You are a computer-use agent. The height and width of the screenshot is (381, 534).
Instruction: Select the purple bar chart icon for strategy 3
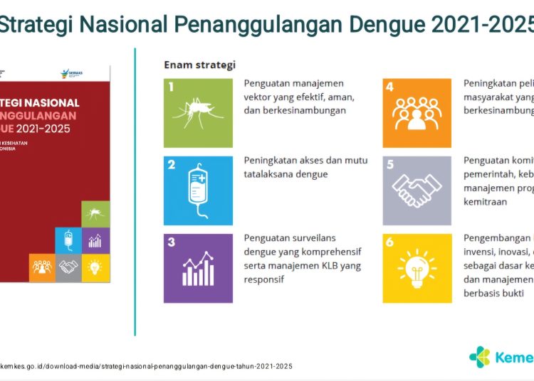tap(198, 268)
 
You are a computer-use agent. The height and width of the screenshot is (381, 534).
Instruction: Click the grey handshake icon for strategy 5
tap(417, 190)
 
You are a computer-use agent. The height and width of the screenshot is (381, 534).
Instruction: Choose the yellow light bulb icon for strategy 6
tap(417, 268)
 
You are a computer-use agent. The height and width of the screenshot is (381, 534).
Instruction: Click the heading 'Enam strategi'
tap(199, 65)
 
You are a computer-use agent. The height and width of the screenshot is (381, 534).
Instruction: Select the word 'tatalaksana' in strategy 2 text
tap(270, 174)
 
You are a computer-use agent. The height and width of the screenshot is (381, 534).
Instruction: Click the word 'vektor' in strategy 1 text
tap(258, 97)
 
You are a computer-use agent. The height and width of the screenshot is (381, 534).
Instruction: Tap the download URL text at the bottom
tap(146, 366)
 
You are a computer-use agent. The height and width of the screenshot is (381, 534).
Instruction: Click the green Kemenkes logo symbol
tap(480, 356)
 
